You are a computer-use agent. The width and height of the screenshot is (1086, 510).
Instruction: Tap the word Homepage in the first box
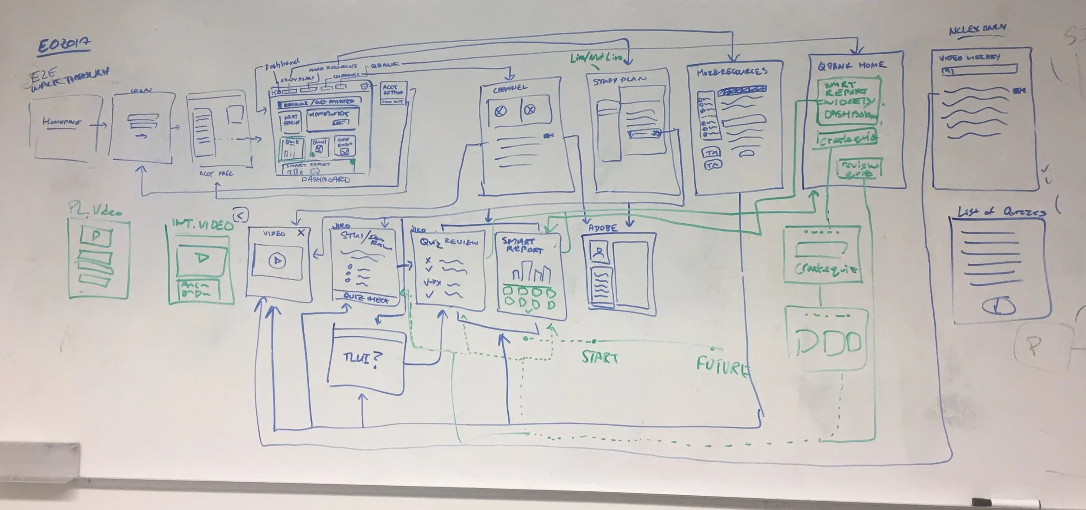pos(61,123)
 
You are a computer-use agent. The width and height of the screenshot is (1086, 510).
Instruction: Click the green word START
pos(599,358)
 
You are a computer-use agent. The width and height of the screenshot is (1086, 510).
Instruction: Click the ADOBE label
pos(603,228)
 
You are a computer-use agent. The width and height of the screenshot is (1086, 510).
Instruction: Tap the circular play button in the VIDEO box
pos(277,261)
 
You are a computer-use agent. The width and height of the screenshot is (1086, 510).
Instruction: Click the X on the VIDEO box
pos(301,233)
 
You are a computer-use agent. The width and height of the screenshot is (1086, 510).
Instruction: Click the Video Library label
pos(969,58)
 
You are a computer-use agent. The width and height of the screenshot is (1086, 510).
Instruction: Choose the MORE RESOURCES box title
pos(732,72)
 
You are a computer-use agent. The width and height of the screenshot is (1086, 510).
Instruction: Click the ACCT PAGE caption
pos(216,174)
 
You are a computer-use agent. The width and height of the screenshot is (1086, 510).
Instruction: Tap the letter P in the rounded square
pos(1034,345)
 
